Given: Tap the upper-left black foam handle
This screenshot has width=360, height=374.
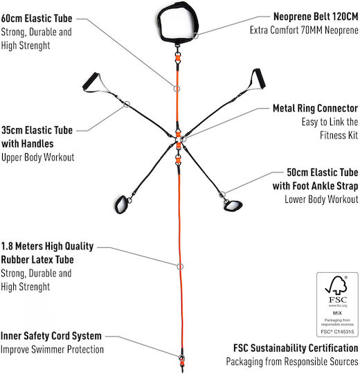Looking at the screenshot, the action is (91, 80).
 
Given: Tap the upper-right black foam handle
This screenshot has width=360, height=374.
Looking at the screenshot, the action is (259, 78).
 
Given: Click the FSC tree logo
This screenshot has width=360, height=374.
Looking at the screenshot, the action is (337, 285).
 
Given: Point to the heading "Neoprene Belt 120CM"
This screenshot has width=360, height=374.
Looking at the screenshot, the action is (316, 17).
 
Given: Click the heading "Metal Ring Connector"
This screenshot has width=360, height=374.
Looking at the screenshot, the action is (315, 108).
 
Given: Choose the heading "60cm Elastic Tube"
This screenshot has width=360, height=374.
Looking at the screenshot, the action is (37, 19).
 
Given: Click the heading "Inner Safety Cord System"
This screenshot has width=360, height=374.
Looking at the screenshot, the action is (51, 336).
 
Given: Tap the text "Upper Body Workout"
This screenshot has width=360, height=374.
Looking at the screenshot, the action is (37, 157).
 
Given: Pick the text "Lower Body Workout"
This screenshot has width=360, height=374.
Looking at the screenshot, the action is (321, 199).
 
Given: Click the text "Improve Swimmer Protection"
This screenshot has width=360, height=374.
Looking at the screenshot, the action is (52, 350).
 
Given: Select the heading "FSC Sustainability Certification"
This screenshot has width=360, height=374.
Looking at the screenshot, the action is (296, 348).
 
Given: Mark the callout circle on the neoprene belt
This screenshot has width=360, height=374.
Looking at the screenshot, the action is (195, 36).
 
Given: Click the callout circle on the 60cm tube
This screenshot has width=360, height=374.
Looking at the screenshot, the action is (177, 89).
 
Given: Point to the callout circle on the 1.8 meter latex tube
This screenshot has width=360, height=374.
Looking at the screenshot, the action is (180, 267).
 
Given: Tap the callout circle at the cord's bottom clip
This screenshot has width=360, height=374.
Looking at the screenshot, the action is (181, 358).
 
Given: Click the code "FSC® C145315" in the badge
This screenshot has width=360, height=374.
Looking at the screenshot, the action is (337, 332).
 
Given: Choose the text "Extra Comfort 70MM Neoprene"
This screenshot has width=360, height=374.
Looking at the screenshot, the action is (304, 30).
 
